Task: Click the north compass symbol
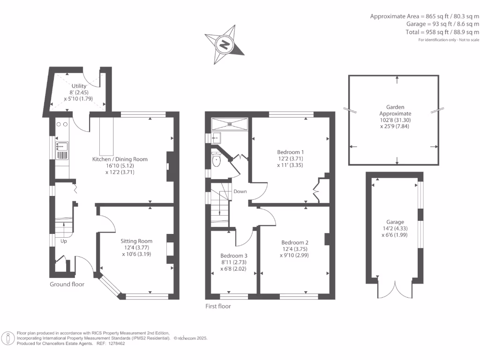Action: coord(225,45)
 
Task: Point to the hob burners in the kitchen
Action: coord(62,124)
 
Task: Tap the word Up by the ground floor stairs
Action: coord(63,241)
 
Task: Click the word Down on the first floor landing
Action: coord(240,191)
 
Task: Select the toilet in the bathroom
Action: coord(216,160)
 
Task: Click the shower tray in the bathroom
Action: coord(229,124)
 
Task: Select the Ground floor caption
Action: coord(67,284)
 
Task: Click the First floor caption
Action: coord(218,306)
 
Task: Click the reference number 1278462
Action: coord(114,343)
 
